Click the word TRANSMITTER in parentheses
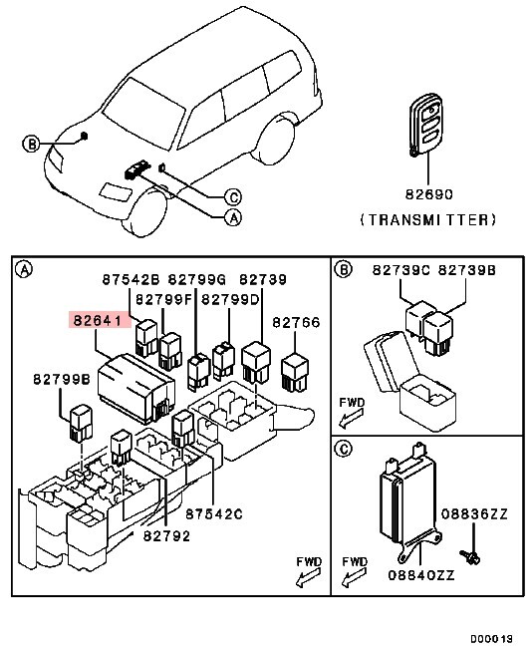426,219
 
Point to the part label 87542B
132,280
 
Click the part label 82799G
197,280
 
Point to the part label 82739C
401,270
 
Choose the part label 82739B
466,270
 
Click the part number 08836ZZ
475,513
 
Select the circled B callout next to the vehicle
31,145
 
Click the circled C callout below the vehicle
231,196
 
